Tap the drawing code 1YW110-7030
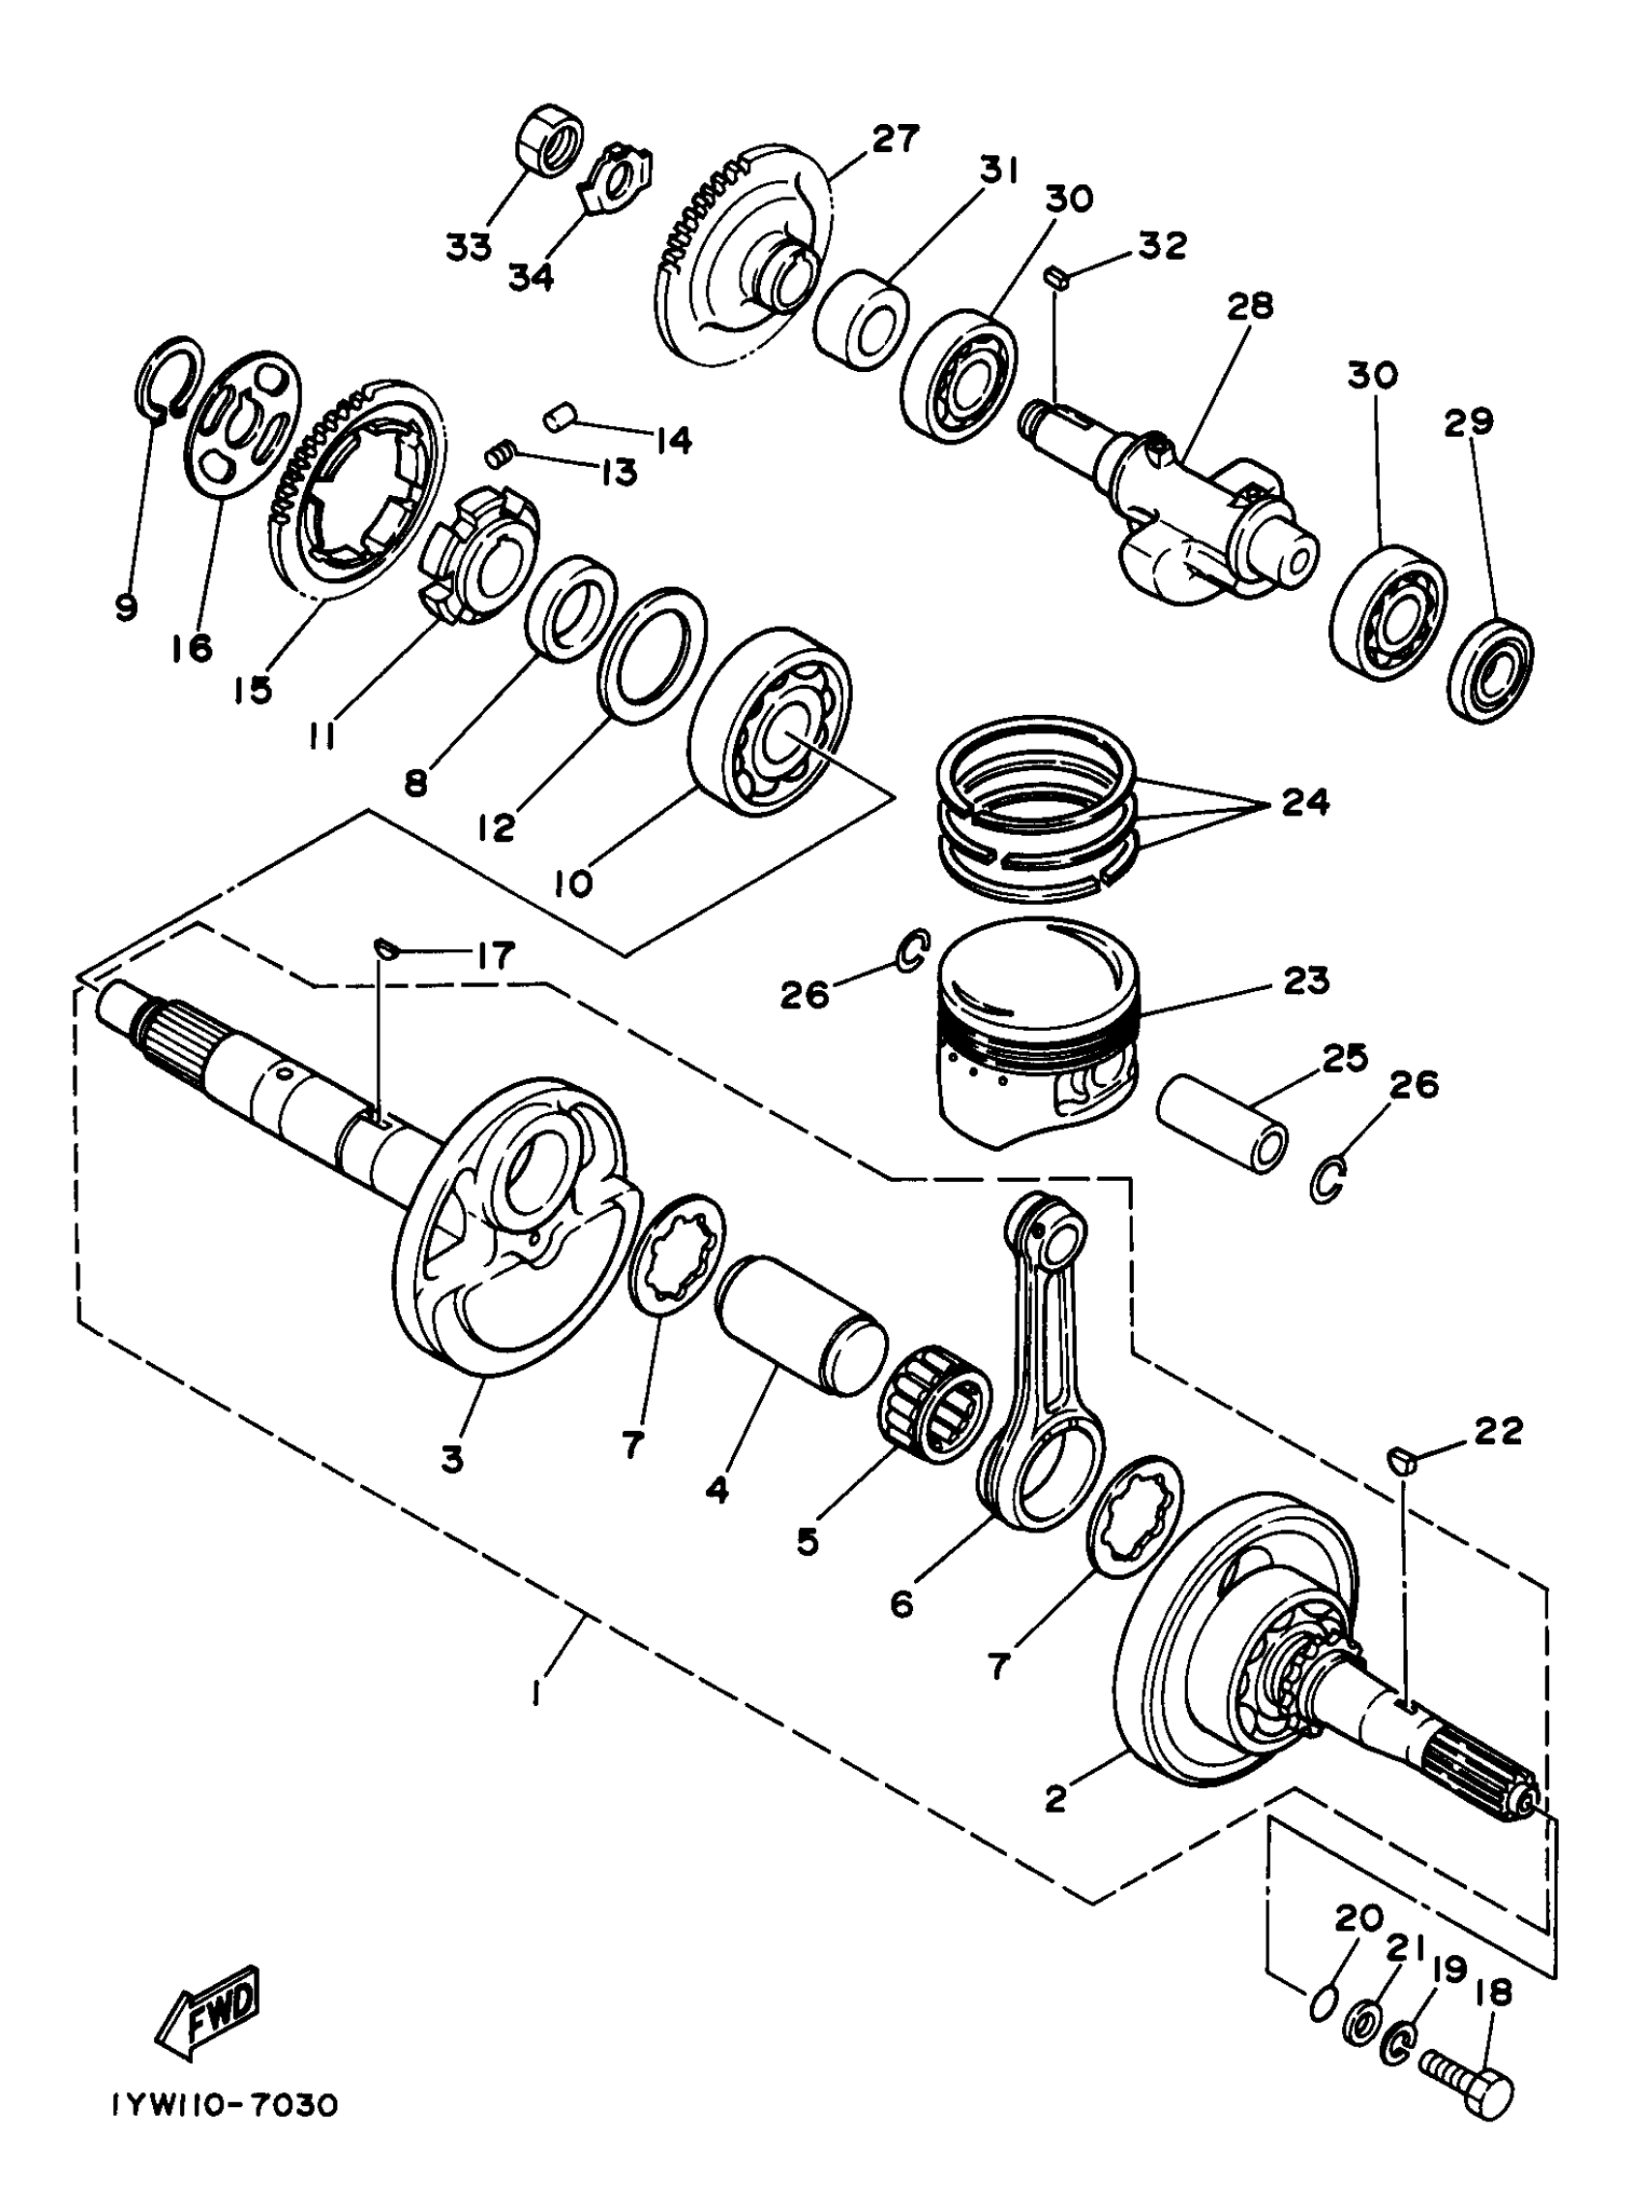[x=225, y=2131]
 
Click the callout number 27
[x=895, y=139]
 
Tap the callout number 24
[x=1305, y=801]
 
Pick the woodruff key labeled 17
[x=385, y=948]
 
